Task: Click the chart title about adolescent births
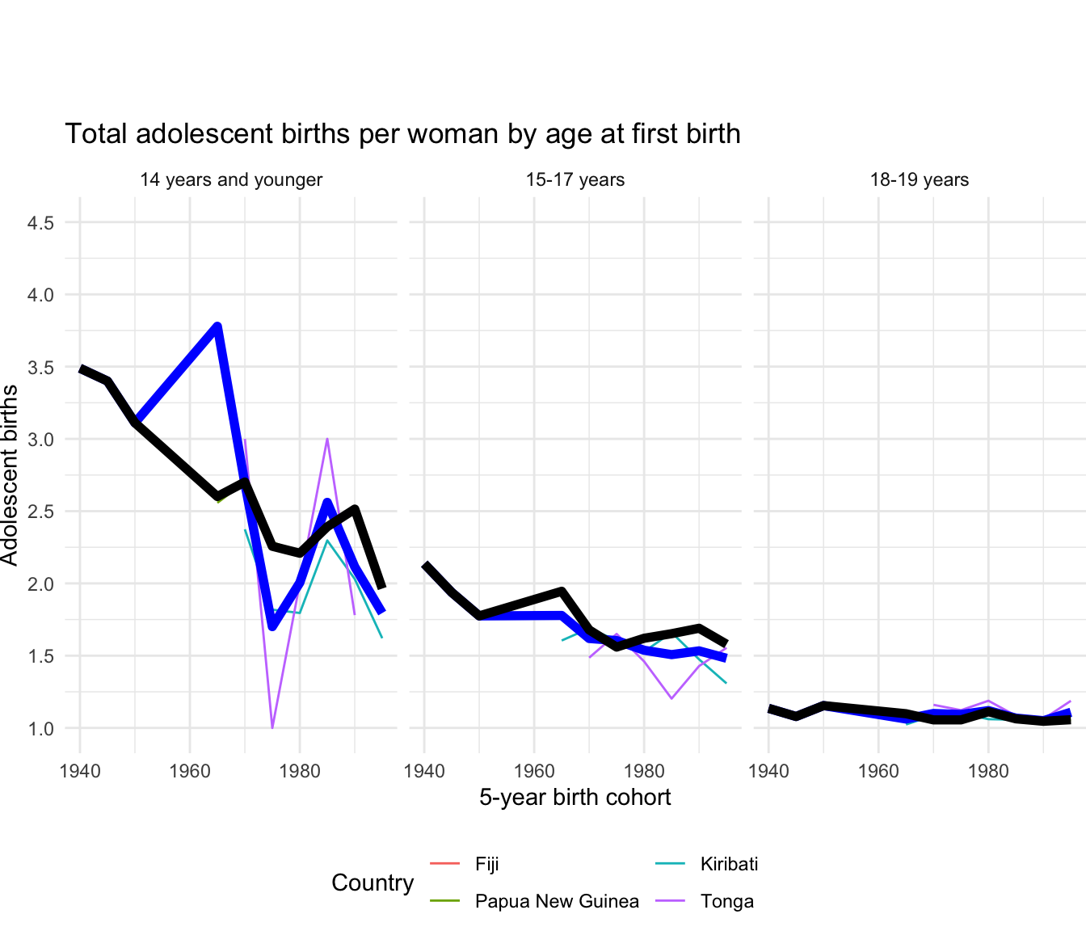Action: point(402,133)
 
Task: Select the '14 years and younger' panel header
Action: point(231,179)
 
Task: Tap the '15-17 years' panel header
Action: point(575,179)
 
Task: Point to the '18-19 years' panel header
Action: point(920,179)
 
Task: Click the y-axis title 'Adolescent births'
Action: point(10,475)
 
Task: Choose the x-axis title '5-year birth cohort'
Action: point(575,798)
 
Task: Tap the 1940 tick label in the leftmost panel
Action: point(80,771)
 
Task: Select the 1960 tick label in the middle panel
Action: point(534,771)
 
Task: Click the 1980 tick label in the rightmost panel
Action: point(988,771)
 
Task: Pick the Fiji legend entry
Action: point(486,864)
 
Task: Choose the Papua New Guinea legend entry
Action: point(556,901)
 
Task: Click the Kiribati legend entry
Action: point(729,864)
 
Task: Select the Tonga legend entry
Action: point(726,901)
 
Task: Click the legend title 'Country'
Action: point(373,883)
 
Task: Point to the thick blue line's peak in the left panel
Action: point(217,326)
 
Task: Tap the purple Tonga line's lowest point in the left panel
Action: point(272,727)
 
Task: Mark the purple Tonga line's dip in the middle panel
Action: point(671,698)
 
